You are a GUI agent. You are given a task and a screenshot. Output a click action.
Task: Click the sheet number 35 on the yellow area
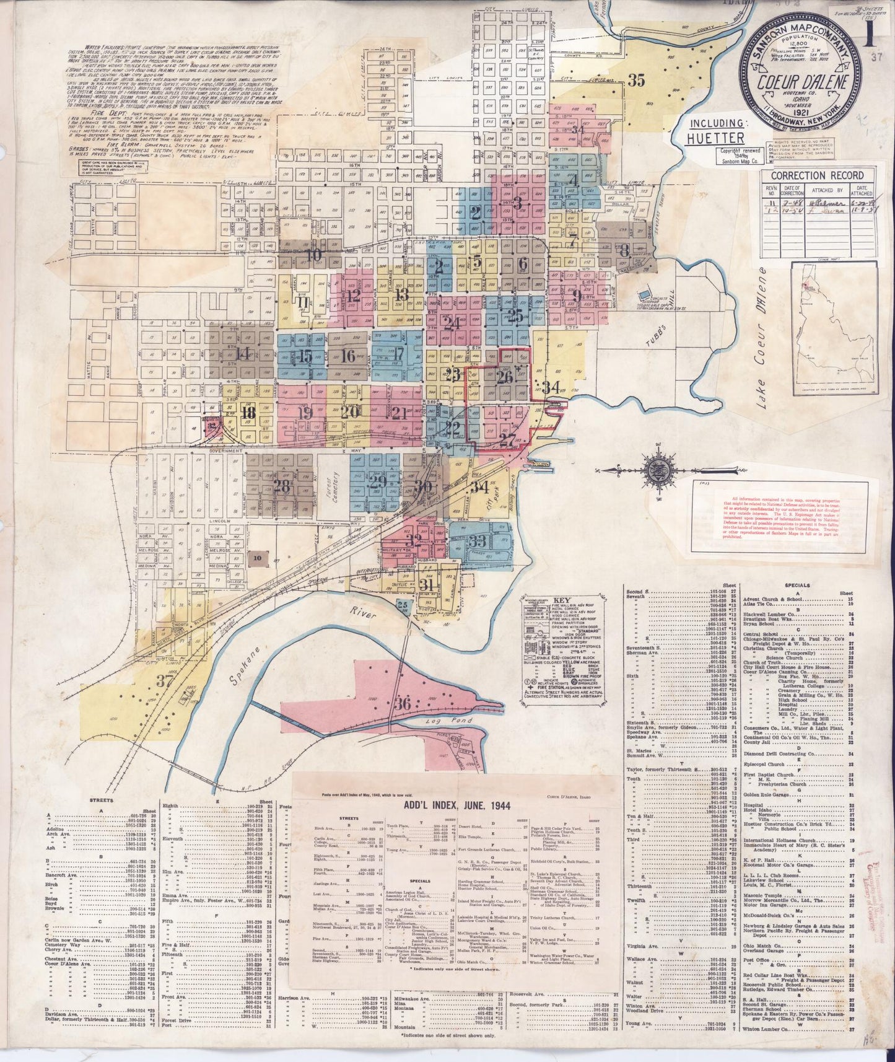pyautogui.click(x=635, y=79)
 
